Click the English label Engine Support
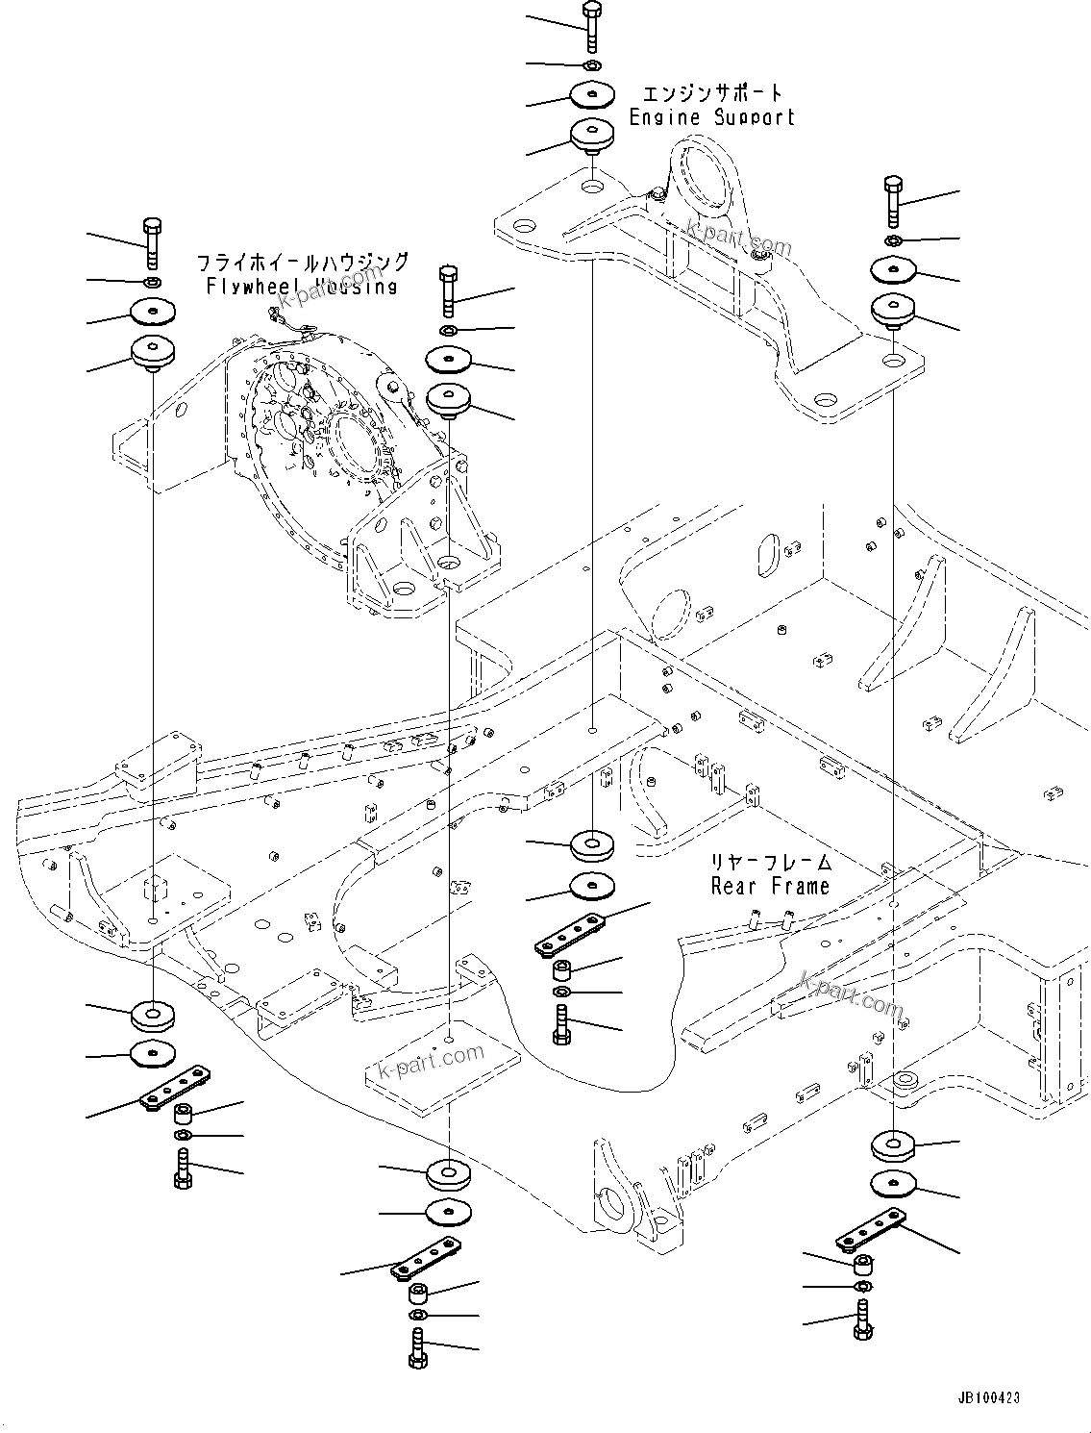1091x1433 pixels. click(711, 117)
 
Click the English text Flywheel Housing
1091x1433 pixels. click(302, 286)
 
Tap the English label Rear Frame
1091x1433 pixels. click(769, 886)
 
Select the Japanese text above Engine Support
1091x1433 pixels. click(712, 93)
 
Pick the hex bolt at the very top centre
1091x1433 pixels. click(591, 25)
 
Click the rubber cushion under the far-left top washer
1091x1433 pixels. click(152, 352)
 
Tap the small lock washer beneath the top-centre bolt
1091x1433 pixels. click(591, 65)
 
